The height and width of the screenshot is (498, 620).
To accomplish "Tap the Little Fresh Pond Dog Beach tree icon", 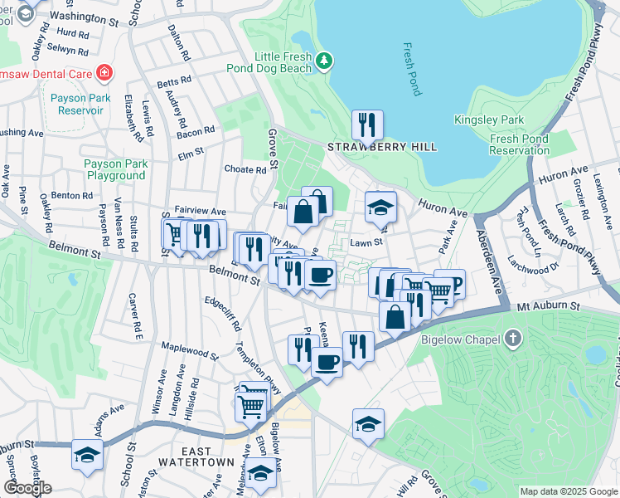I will (x=325, y=61).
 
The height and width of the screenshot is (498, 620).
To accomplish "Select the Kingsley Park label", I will (x=489, y=120).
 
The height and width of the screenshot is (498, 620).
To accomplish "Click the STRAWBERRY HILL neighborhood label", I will (x=382, y=147).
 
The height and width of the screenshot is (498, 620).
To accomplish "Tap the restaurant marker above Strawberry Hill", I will (x=366, y=124).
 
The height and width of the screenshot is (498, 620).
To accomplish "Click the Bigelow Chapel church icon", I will (x=513, y=339).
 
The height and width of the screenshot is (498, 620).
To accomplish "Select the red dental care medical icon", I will (x=104, y=73).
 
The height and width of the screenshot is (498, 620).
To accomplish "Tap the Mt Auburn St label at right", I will (x=547, y=306).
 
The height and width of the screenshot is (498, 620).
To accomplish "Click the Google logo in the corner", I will (x=27, y=488).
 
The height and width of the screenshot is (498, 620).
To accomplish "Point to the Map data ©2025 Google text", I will (x=568, y=491).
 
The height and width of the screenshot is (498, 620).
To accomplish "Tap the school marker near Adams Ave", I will (x=86, y=455).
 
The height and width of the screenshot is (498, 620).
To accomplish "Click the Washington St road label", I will (x=90, y=16).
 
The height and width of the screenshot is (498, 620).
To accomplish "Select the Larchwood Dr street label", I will (x=542, y=270).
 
